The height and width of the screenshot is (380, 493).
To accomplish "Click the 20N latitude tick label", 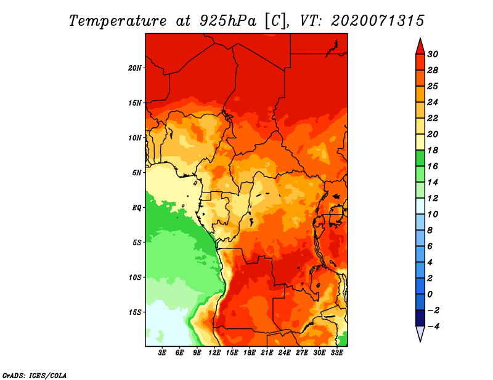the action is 135,68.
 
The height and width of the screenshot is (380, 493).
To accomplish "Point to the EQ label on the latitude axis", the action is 136,207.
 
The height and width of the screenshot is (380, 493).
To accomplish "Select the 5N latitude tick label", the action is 137,173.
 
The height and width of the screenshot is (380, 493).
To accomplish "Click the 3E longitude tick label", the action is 162,352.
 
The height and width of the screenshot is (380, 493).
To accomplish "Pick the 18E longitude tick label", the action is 250,352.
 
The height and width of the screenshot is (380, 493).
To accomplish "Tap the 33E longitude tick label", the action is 336,352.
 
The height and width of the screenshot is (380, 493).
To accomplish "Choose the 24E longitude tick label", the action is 284,352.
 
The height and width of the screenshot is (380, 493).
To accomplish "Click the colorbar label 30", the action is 433,54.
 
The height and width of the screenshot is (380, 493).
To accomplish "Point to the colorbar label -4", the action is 434,327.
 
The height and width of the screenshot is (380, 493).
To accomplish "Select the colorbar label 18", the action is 433,150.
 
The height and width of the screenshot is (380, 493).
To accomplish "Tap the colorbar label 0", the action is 430,295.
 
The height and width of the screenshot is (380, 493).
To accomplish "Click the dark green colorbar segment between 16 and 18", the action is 420,158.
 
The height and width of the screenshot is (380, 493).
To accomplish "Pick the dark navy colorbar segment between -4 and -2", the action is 420,318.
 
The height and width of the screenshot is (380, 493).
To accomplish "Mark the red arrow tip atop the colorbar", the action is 420,38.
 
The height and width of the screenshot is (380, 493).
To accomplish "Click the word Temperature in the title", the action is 118,21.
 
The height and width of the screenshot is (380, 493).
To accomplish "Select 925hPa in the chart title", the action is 228,21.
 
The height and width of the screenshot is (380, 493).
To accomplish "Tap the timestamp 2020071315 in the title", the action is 378,21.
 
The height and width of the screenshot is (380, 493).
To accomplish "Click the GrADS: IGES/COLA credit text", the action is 35,376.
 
